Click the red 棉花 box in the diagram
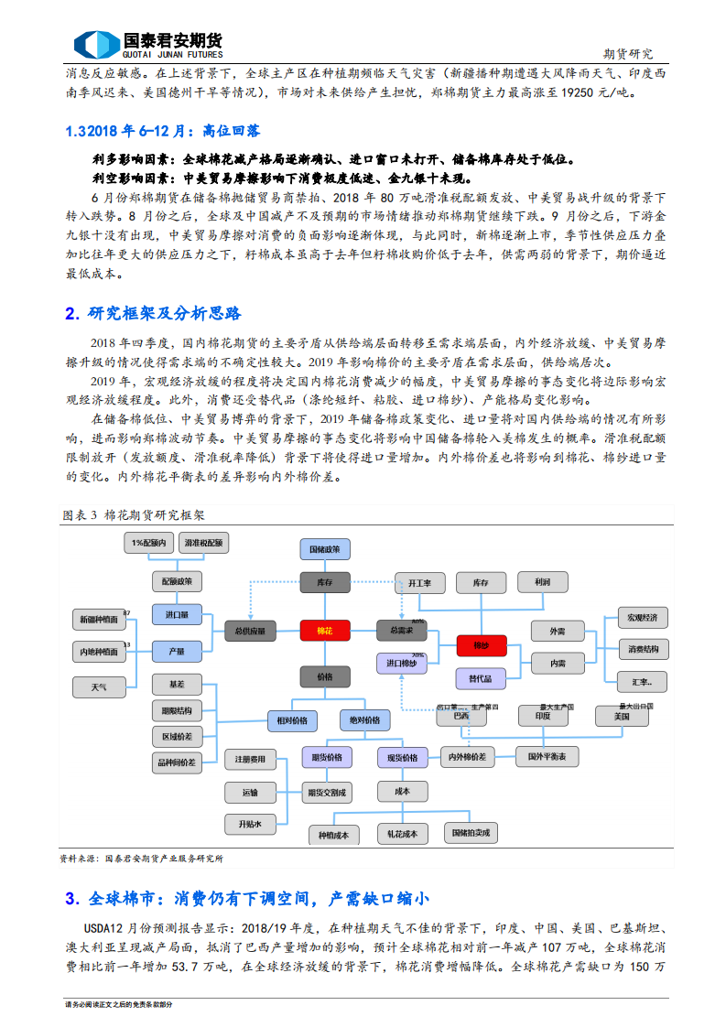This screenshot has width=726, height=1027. [324, 631]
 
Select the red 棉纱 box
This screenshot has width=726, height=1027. [481, 645]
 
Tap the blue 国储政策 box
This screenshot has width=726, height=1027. [324, 549]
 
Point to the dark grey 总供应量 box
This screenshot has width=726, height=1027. [249, 631]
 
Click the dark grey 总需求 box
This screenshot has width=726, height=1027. [401, 631]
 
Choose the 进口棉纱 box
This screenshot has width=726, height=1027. [401, 663]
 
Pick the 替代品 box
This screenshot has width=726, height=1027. [481, 678]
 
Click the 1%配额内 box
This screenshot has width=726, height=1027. [147, 543]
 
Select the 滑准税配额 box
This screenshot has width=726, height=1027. [202, 543]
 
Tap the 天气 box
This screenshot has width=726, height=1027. [98, 686]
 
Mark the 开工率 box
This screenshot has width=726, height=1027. [419, 582]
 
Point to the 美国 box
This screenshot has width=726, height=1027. [621, 717]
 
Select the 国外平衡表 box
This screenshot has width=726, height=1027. [547, 757]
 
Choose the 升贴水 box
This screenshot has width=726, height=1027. [250, 824]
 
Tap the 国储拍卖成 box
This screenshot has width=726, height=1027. [471, 833]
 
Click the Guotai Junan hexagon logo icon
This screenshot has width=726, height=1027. [95, 44]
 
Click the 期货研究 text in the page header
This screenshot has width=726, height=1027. [629, 54]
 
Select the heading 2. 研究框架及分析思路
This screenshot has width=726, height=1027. [153, 314]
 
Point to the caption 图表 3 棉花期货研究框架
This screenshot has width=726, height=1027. [134, 515]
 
